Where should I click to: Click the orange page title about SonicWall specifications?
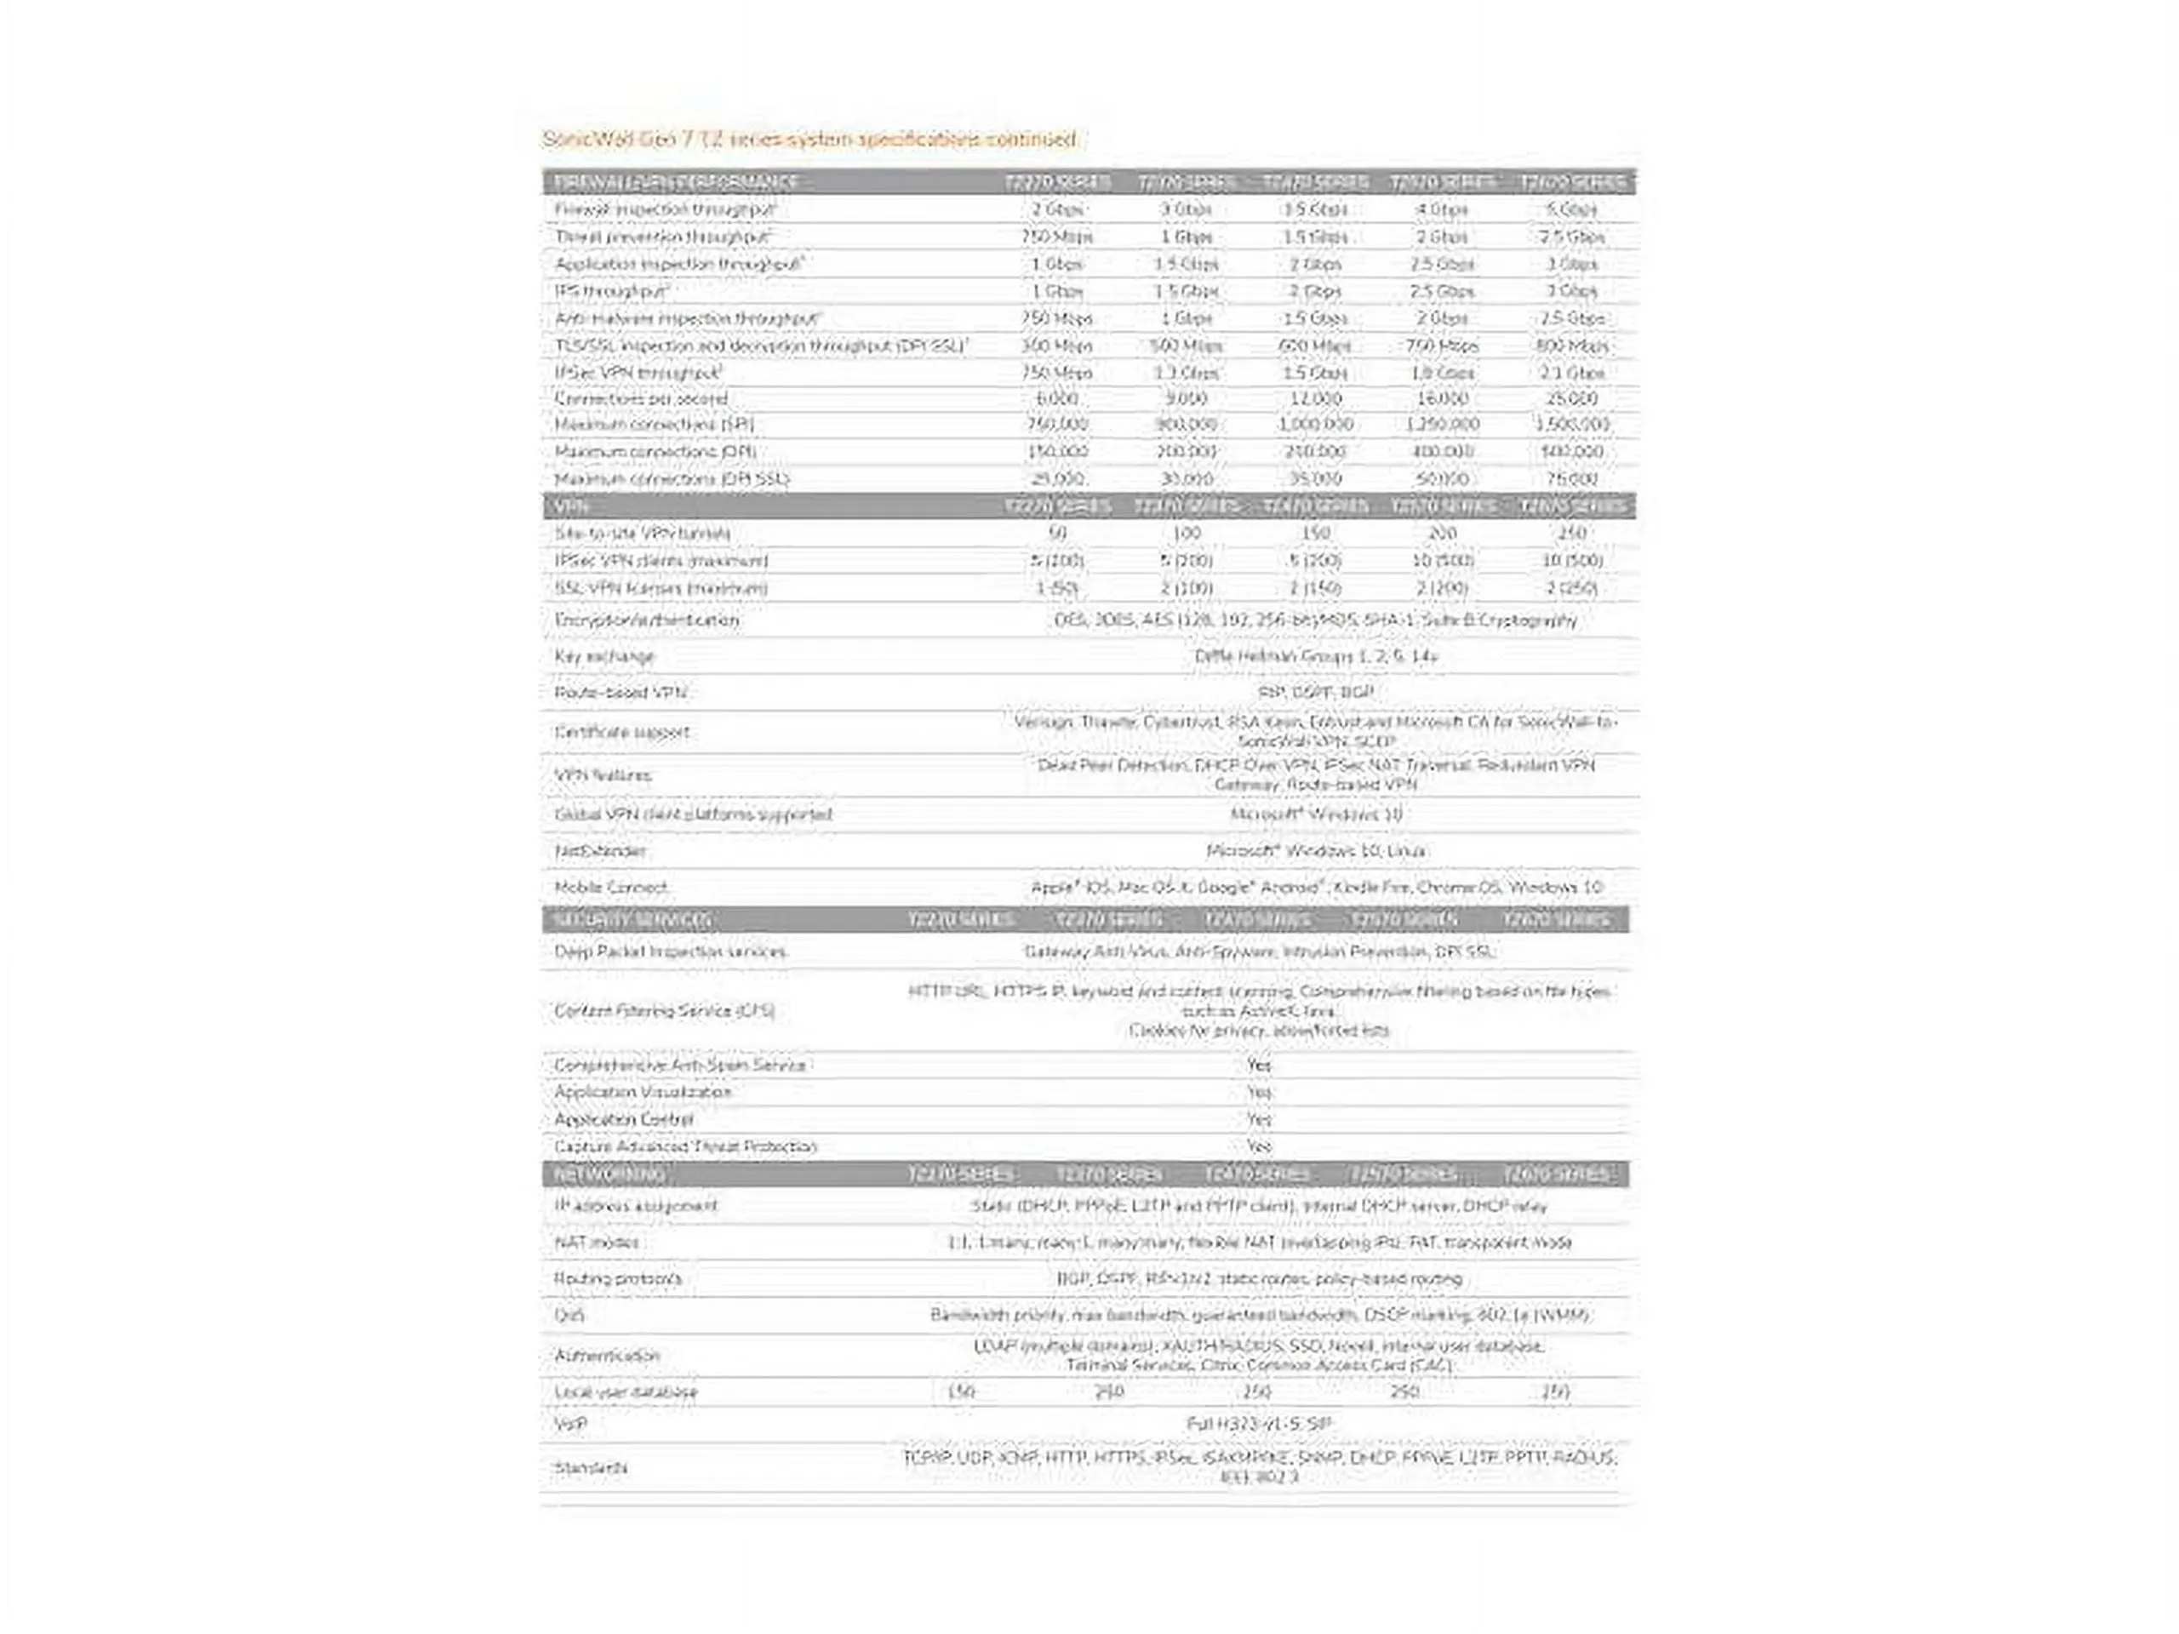[x=809, y=139]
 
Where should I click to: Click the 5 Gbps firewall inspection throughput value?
[x=1571, y=210]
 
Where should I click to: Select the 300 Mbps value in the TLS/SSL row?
[x=1056, y=346]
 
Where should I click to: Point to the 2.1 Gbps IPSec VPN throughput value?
[x=1571, y=374]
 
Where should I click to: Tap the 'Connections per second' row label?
[x=640, y=399]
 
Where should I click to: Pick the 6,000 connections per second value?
[x=1056, y=399]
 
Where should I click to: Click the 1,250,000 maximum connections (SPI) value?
[x=1442, y=425]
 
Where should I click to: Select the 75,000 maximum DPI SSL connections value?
[x=1571, y=478]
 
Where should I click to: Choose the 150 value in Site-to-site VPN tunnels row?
[x=1315, y=533]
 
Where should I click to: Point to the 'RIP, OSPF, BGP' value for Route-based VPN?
[x=1315, y=693]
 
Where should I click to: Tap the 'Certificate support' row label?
[x=621, y=732]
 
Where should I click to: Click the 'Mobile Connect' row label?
[x=611, y=888]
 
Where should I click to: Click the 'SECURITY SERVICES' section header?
[x=632, y=920]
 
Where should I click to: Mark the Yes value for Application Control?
[x=1259, y=1120]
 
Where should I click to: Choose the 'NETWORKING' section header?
[x=609, y=1175]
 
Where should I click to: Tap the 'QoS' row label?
[x=569, y=1315]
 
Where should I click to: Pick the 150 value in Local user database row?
[x=960, y=1391]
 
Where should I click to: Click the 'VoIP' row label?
[x=570, y=1424]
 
